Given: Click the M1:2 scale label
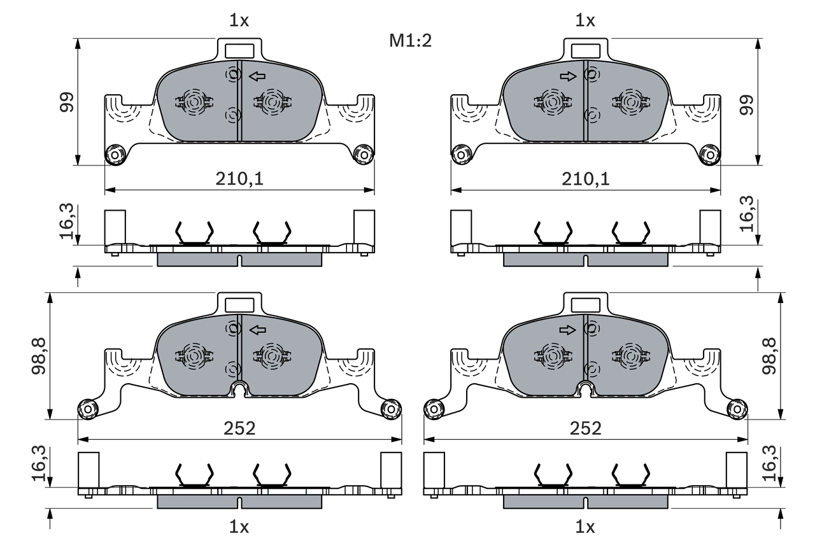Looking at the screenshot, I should (411, 41).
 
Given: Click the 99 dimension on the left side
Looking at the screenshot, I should (67, 102).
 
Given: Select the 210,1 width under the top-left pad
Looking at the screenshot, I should (239, 180).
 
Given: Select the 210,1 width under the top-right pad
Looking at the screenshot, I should (585, 180).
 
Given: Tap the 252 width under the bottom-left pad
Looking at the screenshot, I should (239, 428).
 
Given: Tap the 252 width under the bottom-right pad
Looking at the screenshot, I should (585, 428).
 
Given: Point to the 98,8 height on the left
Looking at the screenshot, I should (39, 356).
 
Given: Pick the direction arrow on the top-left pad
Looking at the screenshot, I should (257, 77).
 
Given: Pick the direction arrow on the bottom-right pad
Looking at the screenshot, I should (567, 330).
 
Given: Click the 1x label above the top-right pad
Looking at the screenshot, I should (585, 21).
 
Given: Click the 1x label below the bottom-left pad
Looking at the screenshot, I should (239, 526).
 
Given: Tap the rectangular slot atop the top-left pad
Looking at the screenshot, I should (239, 50).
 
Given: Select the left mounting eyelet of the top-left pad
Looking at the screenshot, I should (115, 154).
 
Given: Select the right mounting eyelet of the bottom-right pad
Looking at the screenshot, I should (737, 408).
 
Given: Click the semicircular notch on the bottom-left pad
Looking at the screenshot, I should (239, 389).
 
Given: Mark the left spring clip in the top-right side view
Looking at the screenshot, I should (553, 234).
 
